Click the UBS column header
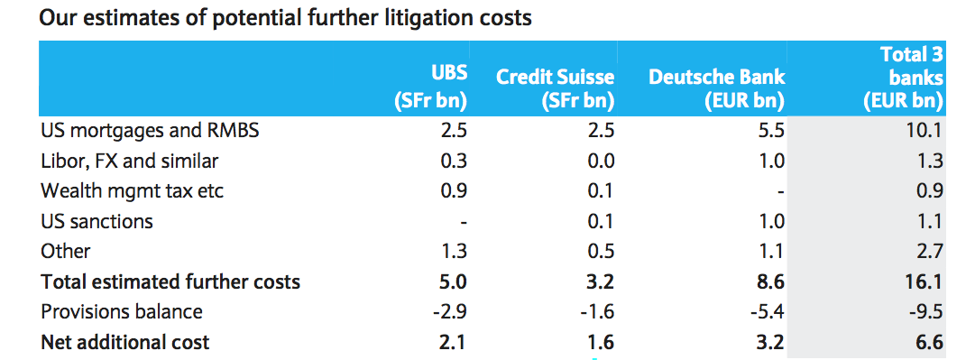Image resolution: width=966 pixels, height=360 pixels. (430, 87)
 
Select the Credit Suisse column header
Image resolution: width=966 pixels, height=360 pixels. (555, 88)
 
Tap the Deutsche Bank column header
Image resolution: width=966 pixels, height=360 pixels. (717, 88)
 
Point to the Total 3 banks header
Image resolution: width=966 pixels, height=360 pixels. (903, 78)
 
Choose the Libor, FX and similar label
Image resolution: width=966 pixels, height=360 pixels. (129, 162)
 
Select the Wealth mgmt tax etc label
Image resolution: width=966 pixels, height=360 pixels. (132, 191)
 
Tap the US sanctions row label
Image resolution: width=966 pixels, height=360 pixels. (97, 221)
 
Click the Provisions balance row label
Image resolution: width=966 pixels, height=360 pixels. (122, 312)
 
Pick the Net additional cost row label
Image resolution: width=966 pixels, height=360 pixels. (125, 342)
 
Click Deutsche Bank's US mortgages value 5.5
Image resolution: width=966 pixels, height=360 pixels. (772, 132)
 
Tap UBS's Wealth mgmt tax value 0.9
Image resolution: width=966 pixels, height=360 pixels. (454, 191)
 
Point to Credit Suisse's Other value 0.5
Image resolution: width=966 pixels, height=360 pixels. (601, 252)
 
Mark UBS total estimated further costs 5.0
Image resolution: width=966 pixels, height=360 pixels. (454, 282)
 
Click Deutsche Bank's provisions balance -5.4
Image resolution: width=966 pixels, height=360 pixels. (768, 312)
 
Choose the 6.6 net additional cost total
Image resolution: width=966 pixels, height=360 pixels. (930, 342)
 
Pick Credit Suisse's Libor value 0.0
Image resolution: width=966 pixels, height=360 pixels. (601, 162)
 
